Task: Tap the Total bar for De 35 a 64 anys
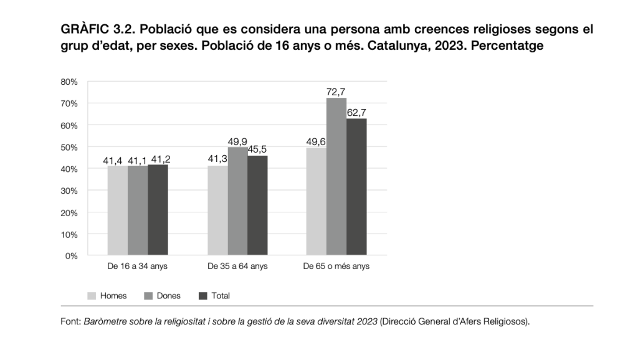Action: (x=257, y=206)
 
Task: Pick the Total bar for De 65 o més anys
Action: (x=356, y=187)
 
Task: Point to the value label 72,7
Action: (x=336, y=92)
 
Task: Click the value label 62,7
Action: (x=356, y=113)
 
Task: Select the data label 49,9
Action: (x=237, y=141)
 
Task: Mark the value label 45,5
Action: (x=257, y=150)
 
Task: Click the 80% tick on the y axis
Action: (x=69, y=82)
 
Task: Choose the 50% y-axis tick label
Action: (x=69, y=147)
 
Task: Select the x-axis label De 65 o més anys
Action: (x=336, y=267)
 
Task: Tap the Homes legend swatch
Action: (x=92, y=296)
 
